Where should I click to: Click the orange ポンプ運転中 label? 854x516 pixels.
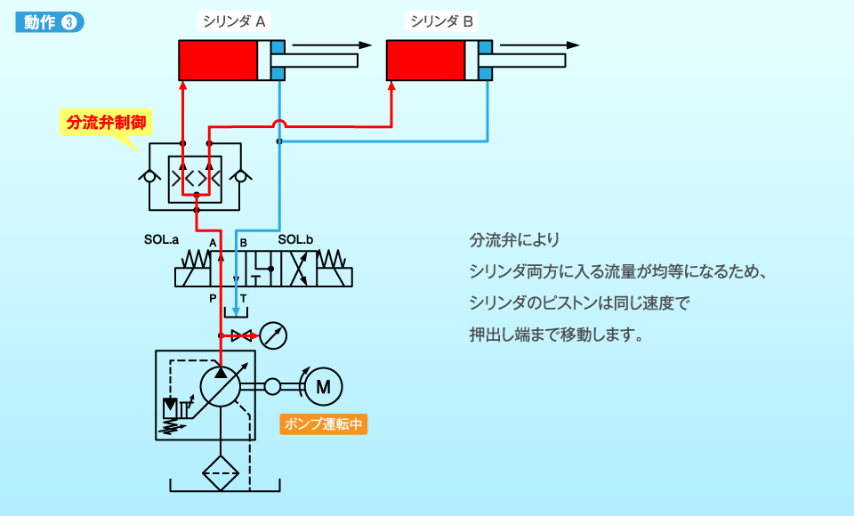pyautogui.click(x=323, y=424)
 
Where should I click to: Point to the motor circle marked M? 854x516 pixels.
pyautogui.click(x=323, y=386)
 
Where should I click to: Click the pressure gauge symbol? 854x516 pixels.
pyautogui.click(x=275, y=335)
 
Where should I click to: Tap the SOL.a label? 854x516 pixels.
pyautogui.click(x=161, y=240)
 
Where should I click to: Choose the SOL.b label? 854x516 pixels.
pyautogui.click(x=296, y=240)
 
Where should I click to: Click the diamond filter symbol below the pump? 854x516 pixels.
pyautogui.click(x=222, y=472)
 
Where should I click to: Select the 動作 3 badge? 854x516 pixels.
pyautogui.click(x=49, y=23)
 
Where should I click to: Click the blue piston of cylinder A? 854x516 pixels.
pyautogui.click(x=278, y=60)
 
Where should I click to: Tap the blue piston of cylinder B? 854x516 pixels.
pyautogui.click(x=486, y=60)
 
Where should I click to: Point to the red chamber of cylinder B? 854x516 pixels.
pyautogui.click(x=425, y=60)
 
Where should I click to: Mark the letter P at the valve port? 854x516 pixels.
pyautogui.click(x=213, y=298)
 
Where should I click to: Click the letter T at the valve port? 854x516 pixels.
pyautogui.click(x=243, y=298)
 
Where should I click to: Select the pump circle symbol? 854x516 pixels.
pyautogui.click(x=222, y=386)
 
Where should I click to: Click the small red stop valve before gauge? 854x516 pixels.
pyautogui.click(x=240, y=335)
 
